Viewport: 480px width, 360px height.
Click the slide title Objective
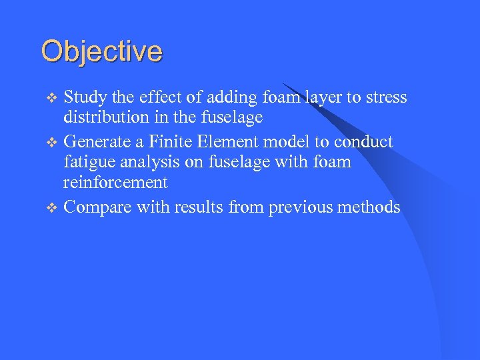tap(101, 51)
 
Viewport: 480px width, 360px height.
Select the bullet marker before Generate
tap(54, 142)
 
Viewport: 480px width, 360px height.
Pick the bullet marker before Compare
tap(54, 208)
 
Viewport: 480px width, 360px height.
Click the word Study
tap(85, 97)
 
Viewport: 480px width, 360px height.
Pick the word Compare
tap(97, 207)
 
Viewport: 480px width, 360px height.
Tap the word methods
tap(369, 207)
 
